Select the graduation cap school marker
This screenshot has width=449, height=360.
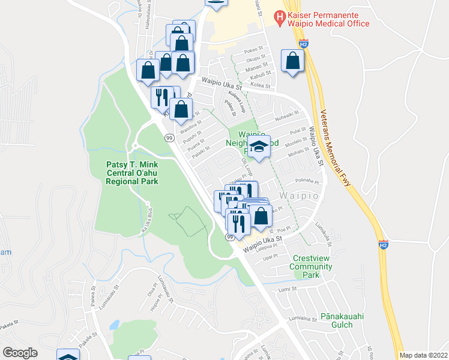[x=258, y=148]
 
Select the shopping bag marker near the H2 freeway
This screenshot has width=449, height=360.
[x=292, y=62]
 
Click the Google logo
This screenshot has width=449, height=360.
[x=20, y=352]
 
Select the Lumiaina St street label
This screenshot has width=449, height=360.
[x=302, y=319]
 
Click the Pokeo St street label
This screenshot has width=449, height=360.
[x=255, y=52]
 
